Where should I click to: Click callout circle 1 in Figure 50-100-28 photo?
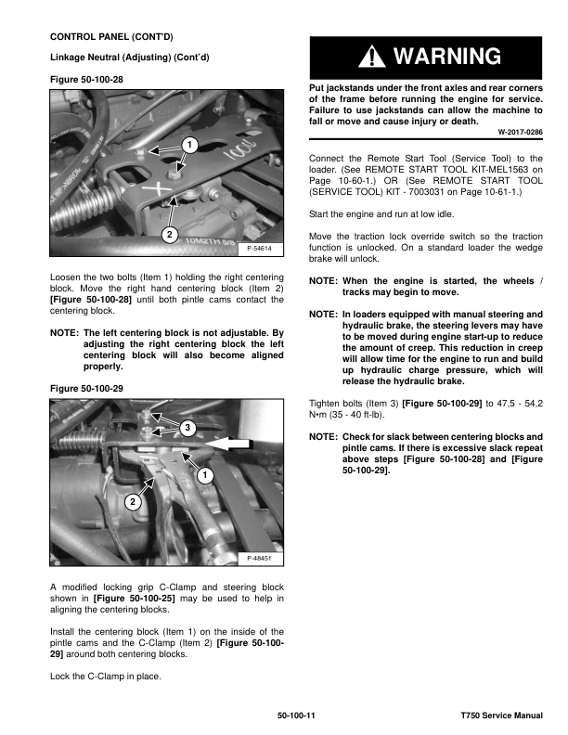point(188,145)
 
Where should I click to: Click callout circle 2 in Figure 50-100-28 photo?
point(170,236)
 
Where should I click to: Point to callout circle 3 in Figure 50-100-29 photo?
point(187,427)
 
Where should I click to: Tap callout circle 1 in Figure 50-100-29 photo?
point(201,475)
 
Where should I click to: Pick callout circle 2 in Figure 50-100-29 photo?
point(133,501)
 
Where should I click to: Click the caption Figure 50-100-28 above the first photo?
point(86,81)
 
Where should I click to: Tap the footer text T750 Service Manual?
point(501,716)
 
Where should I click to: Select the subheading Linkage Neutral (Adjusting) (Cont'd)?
point(129,58)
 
